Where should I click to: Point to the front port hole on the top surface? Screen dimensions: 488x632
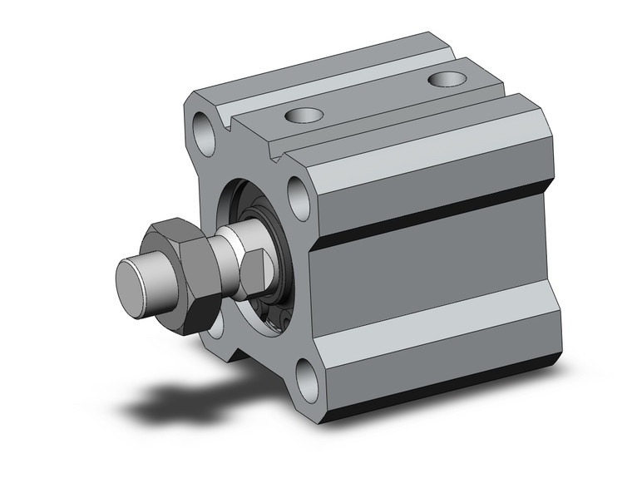[301, 115]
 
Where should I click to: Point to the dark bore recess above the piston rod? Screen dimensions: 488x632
[249, 204]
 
